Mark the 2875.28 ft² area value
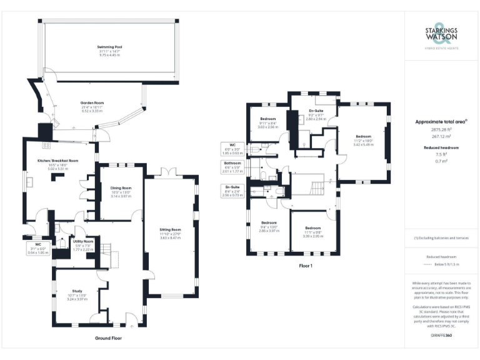441,129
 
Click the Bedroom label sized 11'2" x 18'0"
364,136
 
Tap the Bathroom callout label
232,163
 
